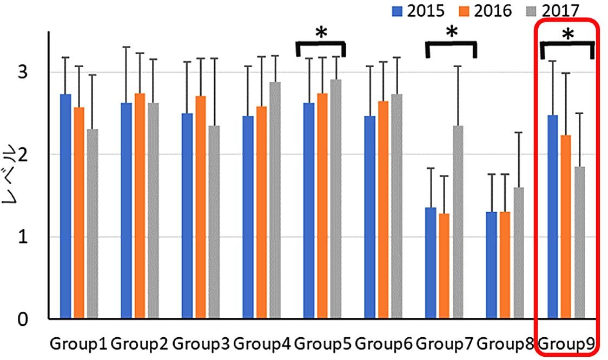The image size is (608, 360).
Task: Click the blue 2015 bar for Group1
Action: coord(65,206)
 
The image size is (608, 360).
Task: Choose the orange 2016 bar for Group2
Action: coord(140,206)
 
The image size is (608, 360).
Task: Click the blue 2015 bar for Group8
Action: coord(491,265)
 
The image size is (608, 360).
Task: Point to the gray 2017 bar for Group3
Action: coord(214,222)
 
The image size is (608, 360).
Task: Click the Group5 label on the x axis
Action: coord(323,344)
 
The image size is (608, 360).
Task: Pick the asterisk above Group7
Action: coord(451,32)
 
